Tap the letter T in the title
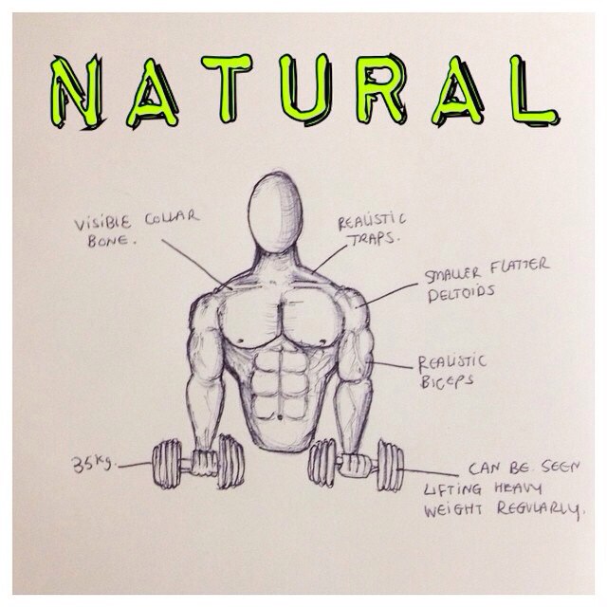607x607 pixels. [x=228, y=87]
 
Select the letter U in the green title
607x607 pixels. [x=305, y=89]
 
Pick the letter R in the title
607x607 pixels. [x=381, y=90]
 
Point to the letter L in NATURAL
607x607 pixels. [x=534, y=90]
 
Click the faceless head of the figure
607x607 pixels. [x=276, y=212]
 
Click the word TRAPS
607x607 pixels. [x=374, y=239]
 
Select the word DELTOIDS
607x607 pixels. [x=462, y=294]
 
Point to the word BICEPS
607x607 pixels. [x=446, y=381]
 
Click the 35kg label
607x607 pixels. [x=94, y=463]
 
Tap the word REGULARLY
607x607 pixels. [x=540, y=508]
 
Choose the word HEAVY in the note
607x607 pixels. [x=518, y=489]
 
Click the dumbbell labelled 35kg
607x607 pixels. [x=198, y=462]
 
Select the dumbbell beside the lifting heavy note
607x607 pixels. [x=357, y=465]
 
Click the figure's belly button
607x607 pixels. [x=280, y=417]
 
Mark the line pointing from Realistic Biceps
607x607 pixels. [x=390, y=364]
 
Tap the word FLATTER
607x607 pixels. [x=520, y=266]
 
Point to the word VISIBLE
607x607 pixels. [x=102, y=223]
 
